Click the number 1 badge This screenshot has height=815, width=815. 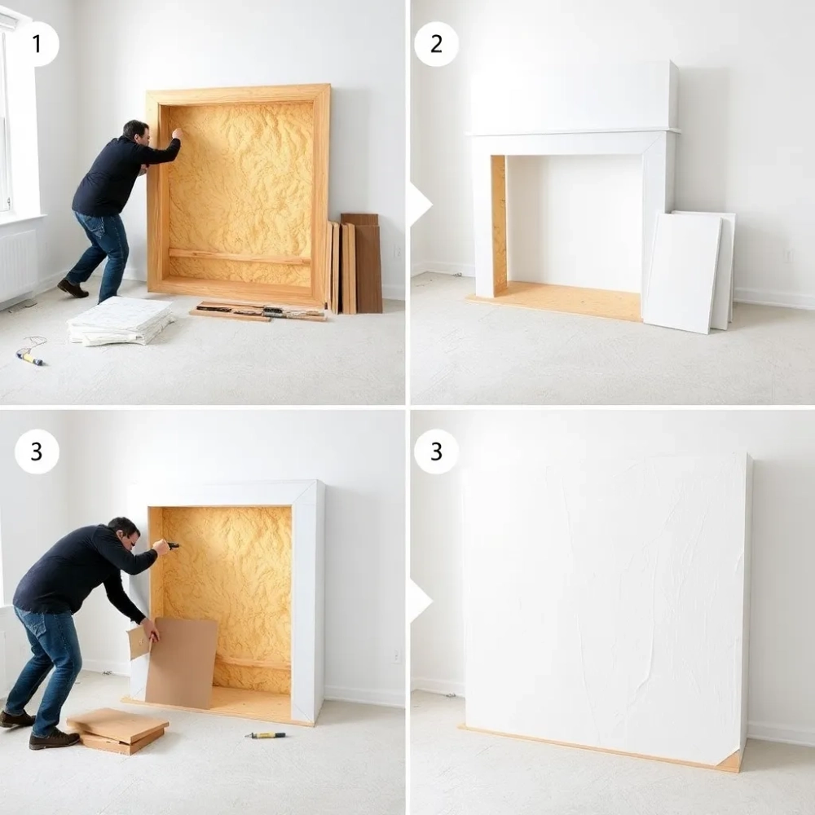[x=37, y=44]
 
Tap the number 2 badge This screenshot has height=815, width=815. [x=436, y=44]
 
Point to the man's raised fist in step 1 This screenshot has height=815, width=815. [x=178, y=134]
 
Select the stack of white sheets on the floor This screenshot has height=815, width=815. [x=121, y=320]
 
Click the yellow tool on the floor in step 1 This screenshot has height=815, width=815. [x=29, y=358]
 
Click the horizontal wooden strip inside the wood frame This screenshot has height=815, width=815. [x=240, y=257]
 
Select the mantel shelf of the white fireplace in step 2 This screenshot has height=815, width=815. [x=573, y=132]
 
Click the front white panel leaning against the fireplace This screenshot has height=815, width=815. [x=681, y=272]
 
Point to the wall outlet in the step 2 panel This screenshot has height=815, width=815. [x=788, y=254]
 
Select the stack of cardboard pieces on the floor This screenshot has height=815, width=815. [x=117, y=731]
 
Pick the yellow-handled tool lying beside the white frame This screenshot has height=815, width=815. [x=265, y=735]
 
